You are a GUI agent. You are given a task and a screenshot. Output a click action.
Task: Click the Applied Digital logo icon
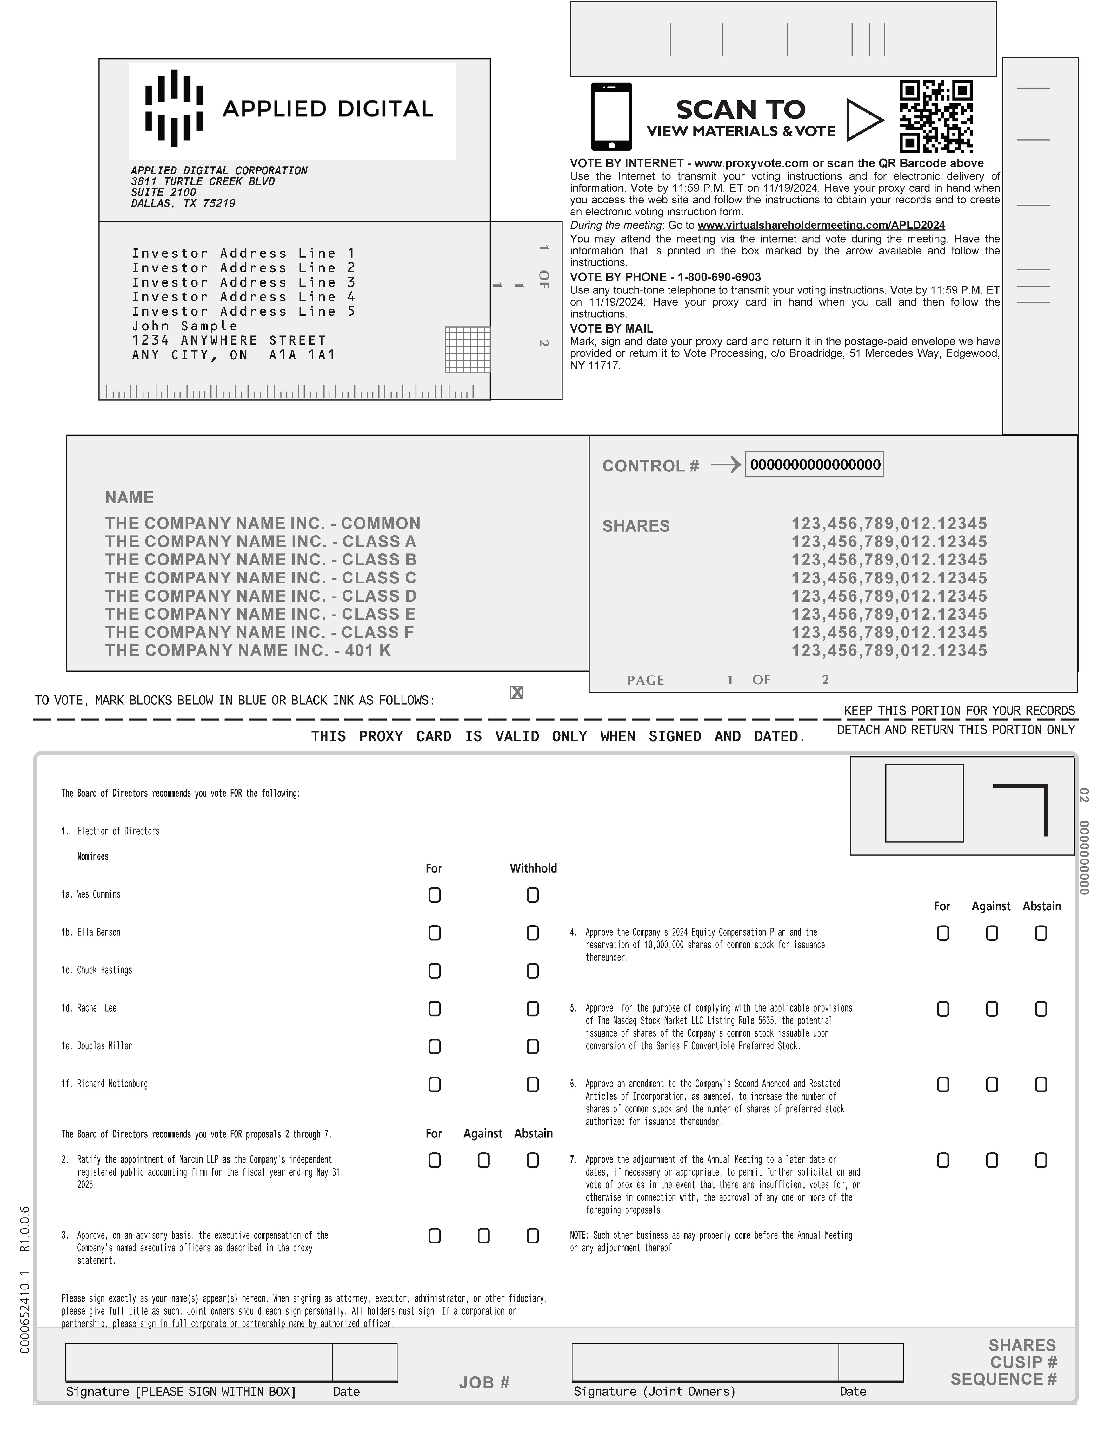point(174,108)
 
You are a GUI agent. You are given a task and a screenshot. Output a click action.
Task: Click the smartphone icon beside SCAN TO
point(611,116)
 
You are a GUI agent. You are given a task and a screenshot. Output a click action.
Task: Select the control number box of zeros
point(814,465)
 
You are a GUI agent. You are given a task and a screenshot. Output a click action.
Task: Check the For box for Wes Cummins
point(434,895)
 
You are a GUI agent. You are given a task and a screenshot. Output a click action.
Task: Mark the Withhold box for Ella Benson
point(532,933)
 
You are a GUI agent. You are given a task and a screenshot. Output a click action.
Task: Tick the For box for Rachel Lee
point(434,1009)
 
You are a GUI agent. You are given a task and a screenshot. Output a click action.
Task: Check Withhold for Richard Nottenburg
point(532,1084)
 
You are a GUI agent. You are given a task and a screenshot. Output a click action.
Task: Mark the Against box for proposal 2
point(483,1160)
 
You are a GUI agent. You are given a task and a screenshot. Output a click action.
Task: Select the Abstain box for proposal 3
point(532,1236)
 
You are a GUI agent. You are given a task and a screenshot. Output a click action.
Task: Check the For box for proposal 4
point(942,933)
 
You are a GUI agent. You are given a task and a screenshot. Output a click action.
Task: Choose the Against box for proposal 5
point(992,1009)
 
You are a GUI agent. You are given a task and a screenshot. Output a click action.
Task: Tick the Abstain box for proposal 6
point(1041,1084)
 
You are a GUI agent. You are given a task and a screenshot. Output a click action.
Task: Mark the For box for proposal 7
point(942,1160)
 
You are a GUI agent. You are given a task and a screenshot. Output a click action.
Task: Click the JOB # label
point(484,1382)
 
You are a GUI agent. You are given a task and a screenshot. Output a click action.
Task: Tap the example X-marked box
point(517,692)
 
